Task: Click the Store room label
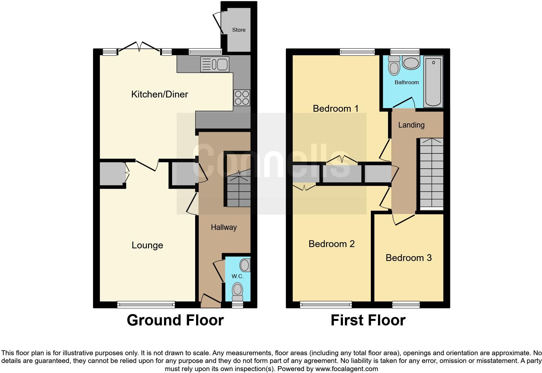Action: [x=239, y=30]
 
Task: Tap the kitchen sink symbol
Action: [x=215, y=64]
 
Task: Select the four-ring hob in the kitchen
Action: [x=242, y=98]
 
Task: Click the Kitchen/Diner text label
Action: [x=159, y=94]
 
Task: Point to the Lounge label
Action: [x=147, y=245]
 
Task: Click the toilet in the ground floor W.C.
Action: [x=238, y=290]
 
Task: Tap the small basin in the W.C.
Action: [x=245, y=266]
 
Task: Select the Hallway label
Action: [x=224, y=227]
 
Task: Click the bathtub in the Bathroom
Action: [x=433, y=82]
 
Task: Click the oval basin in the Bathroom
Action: [x=411, y=63]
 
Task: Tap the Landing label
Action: [x=411, y=125]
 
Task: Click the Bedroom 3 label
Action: [x=408, y=258]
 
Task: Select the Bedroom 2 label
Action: [x=331, y=244]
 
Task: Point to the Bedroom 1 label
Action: [x=336, y=108]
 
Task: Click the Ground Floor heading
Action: [x=175, y=320]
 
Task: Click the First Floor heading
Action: [x=368, y=320]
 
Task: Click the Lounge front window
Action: [x=146, y=304]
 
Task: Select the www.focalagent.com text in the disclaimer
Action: [x=346, y=369]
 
